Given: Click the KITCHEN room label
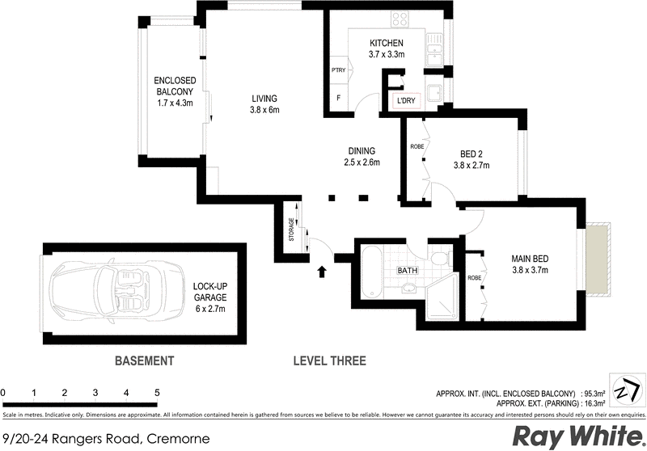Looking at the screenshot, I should click(386, 43).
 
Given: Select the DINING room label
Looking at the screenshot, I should click(362, 150).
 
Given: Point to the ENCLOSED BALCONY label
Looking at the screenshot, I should click(175, 91).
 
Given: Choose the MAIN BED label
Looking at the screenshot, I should click(530, 259).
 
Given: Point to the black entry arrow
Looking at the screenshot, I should click(323, 272).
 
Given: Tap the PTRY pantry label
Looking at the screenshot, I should click(339, 70).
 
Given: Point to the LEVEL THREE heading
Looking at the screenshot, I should click(329, 360).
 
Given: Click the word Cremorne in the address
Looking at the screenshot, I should click(178, 439).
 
